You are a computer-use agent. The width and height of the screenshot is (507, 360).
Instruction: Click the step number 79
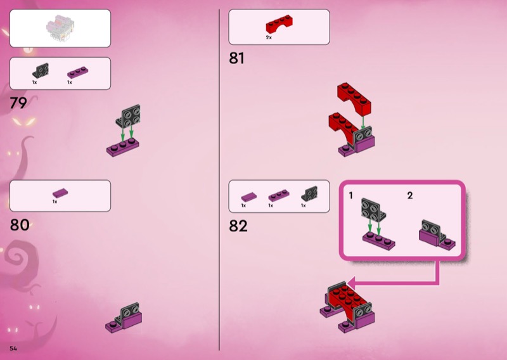point(18,103)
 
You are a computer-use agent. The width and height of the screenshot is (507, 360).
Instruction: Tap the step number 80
point(20,225)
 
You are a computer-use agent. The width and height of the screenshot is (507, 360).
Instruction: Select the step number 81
point(236,58)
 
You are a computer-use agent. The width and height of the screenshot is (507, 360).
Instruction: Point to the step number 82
point(238,226)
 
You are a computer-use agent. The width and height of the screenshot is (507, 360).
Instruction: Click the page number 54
point(13,349)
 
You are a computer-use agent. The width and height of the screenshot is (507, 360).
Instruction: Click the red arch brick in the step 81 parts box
point(279,24)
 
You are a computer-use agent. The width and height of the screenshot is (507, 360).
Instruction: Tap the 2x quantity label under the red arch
point(269,37)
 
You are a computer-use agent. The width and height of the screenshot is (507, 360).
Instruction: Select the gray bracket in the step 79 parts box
point(41,70)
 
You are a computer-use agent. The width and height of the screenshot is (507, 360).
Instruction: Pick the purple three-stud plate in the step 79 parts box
point(77,72)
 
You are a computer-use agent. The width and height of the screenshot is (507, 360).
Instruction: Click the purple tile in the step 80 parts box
point(60,193)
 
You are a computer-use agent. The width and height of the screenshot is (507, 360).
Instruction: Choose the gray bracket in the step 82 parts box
point(309,193)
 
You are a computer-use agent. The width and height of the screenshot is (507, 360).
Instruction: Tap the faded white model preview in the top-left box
point(60,29)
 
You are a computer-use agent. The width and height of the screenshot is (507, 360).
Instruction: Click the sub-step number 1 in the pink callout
point(351,195)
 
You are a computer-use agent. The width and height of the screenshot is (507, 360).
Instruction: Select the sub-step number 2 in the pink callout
point(410,195)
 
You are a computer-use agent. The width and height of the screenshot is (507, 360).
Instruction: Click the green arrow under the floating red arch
point(363,122)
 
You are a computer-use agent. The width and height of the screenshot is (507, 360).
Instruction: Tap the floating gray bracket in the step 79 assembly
point(129,116)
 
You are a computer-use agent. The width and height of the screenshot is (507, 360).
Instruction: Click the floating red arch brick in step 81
point(354,99)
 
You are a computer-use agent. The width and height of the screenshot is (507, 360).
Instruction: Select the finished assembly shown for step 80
point(124,318)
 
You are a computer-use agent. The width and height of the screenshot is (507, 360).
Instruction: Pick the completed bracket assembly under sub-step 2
point(437,235)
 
